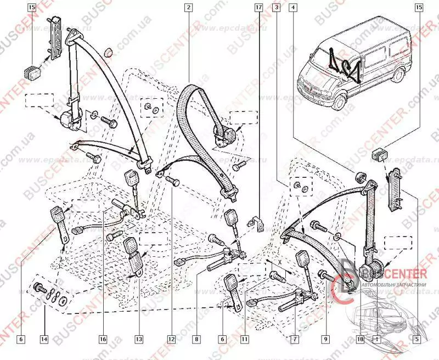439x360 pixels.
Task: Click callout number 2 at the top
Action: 188,8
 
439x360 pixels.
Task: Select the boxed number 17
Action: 258,8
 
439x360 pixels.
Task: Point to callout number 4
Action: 294,8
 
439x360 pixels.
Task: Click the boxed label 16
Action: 103,340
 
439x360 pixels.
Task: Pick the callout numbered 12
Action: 171,340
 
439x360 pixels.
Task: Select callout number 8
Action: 195,340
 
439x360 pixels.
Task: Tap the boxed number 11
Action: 245,340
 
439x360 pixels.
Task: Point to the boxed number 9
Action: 326,340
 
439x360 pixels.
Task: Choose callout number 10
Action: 361,340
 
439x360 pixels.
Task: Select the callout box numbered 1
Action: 377,340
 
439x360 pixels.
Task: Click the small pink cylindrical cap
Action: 110,53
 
